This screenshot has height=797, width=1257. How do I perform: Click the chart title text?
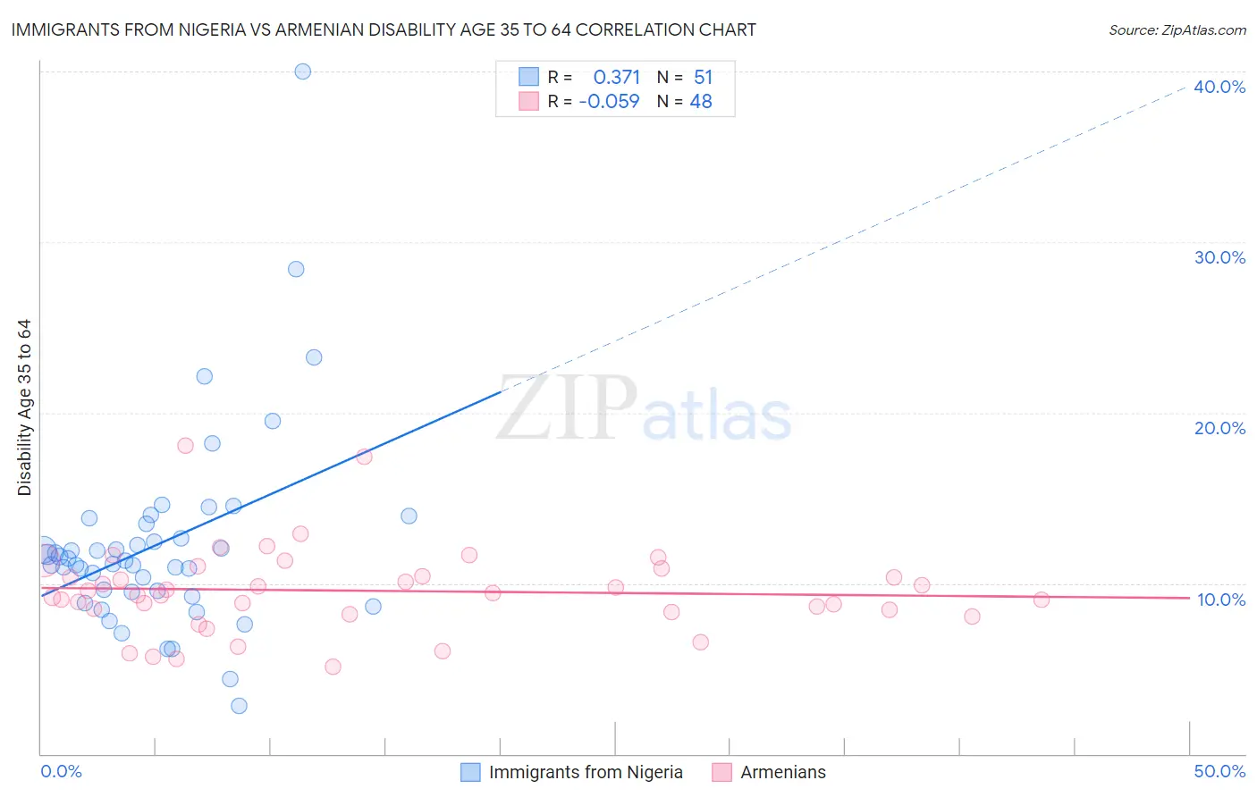pyautogui.click(x=384, y=29)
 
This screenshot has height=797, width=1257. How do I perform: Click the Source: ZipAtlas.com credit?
pyautogui.click(x=1177, y=29)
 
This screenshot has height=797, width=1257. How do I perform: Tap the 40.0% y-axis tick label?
pyautogui.click(x=1219, y=87)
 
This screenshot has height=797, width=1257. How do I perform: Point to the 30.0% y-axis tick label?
pyautogui.click(x=1219, y=257)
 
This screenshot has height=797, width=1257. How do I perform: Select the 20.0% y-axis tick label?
pyautogui.click(x=1219, y=428)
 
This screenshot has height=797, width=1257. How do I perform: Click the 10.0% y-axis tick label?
pyautogui.click(x=1220, y=600)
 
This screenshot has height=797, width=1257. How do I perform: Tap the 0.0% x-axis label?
pyautogui.click(x=61, y=771)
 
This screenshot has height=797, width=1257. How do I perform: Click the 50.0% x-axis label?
pyautogui.click(x=1219, y=771)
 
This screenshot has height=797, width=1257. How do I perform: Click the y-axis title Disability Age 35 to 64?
pyautogui.click(x=24, y=407)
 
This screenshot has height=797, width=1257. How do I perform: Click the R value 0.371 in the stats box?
pyautogui.click(x=616, y=78)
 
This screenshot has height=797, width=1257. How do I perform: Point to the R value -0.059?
pyautogui.click(x=610, y=102)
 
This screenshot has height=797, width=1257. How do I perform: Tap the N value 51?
pyautogui.click(x=703, y=78)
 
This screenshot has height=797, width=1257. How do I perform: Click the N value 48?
pyautogui.click(x=701, y=102)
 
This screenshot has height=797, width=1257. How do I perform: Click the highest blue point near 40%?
pyautogui.click(x=303, y=71)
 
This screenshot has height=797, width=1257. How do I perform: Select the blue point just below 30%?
pyautogui.click(x=296, y=269)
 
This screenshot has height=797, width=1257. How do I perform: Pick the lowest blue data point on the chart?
pyautogui.click(x=239, y=706)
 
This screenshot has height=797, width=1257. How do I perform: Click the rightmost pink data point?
pyautogui.click(x=1041, y=600)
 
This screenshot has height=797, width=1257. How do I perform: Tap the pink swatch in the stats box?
pyautogui.click(x=529, y=101)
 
